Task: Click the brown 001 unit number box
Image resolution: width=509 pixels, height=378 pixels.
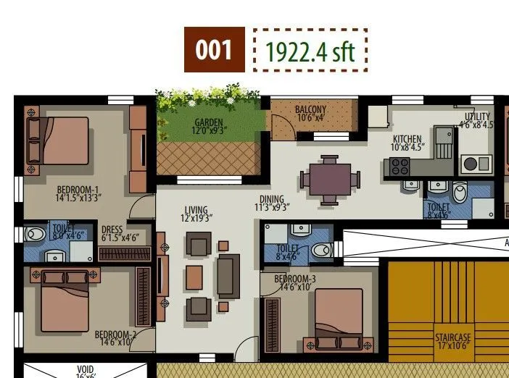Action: coord(214,49)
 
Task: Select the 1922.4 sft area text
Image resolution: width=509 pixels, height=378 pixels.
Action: coord(310,51)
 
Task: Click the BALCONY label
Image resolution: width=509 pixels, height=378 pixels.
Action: coord(310,110)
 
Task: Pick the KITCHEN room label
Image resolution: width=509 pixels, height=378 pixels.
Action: coord(407,139)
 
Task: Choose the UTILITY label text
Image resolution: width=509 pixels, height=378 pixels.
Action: coord(476,116)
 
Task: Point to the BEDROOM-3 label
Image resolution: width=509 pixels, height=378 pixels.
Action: coord(295,280)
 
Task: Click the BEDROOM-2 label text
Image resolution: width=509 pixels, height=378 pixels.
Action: coord(115,335)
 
